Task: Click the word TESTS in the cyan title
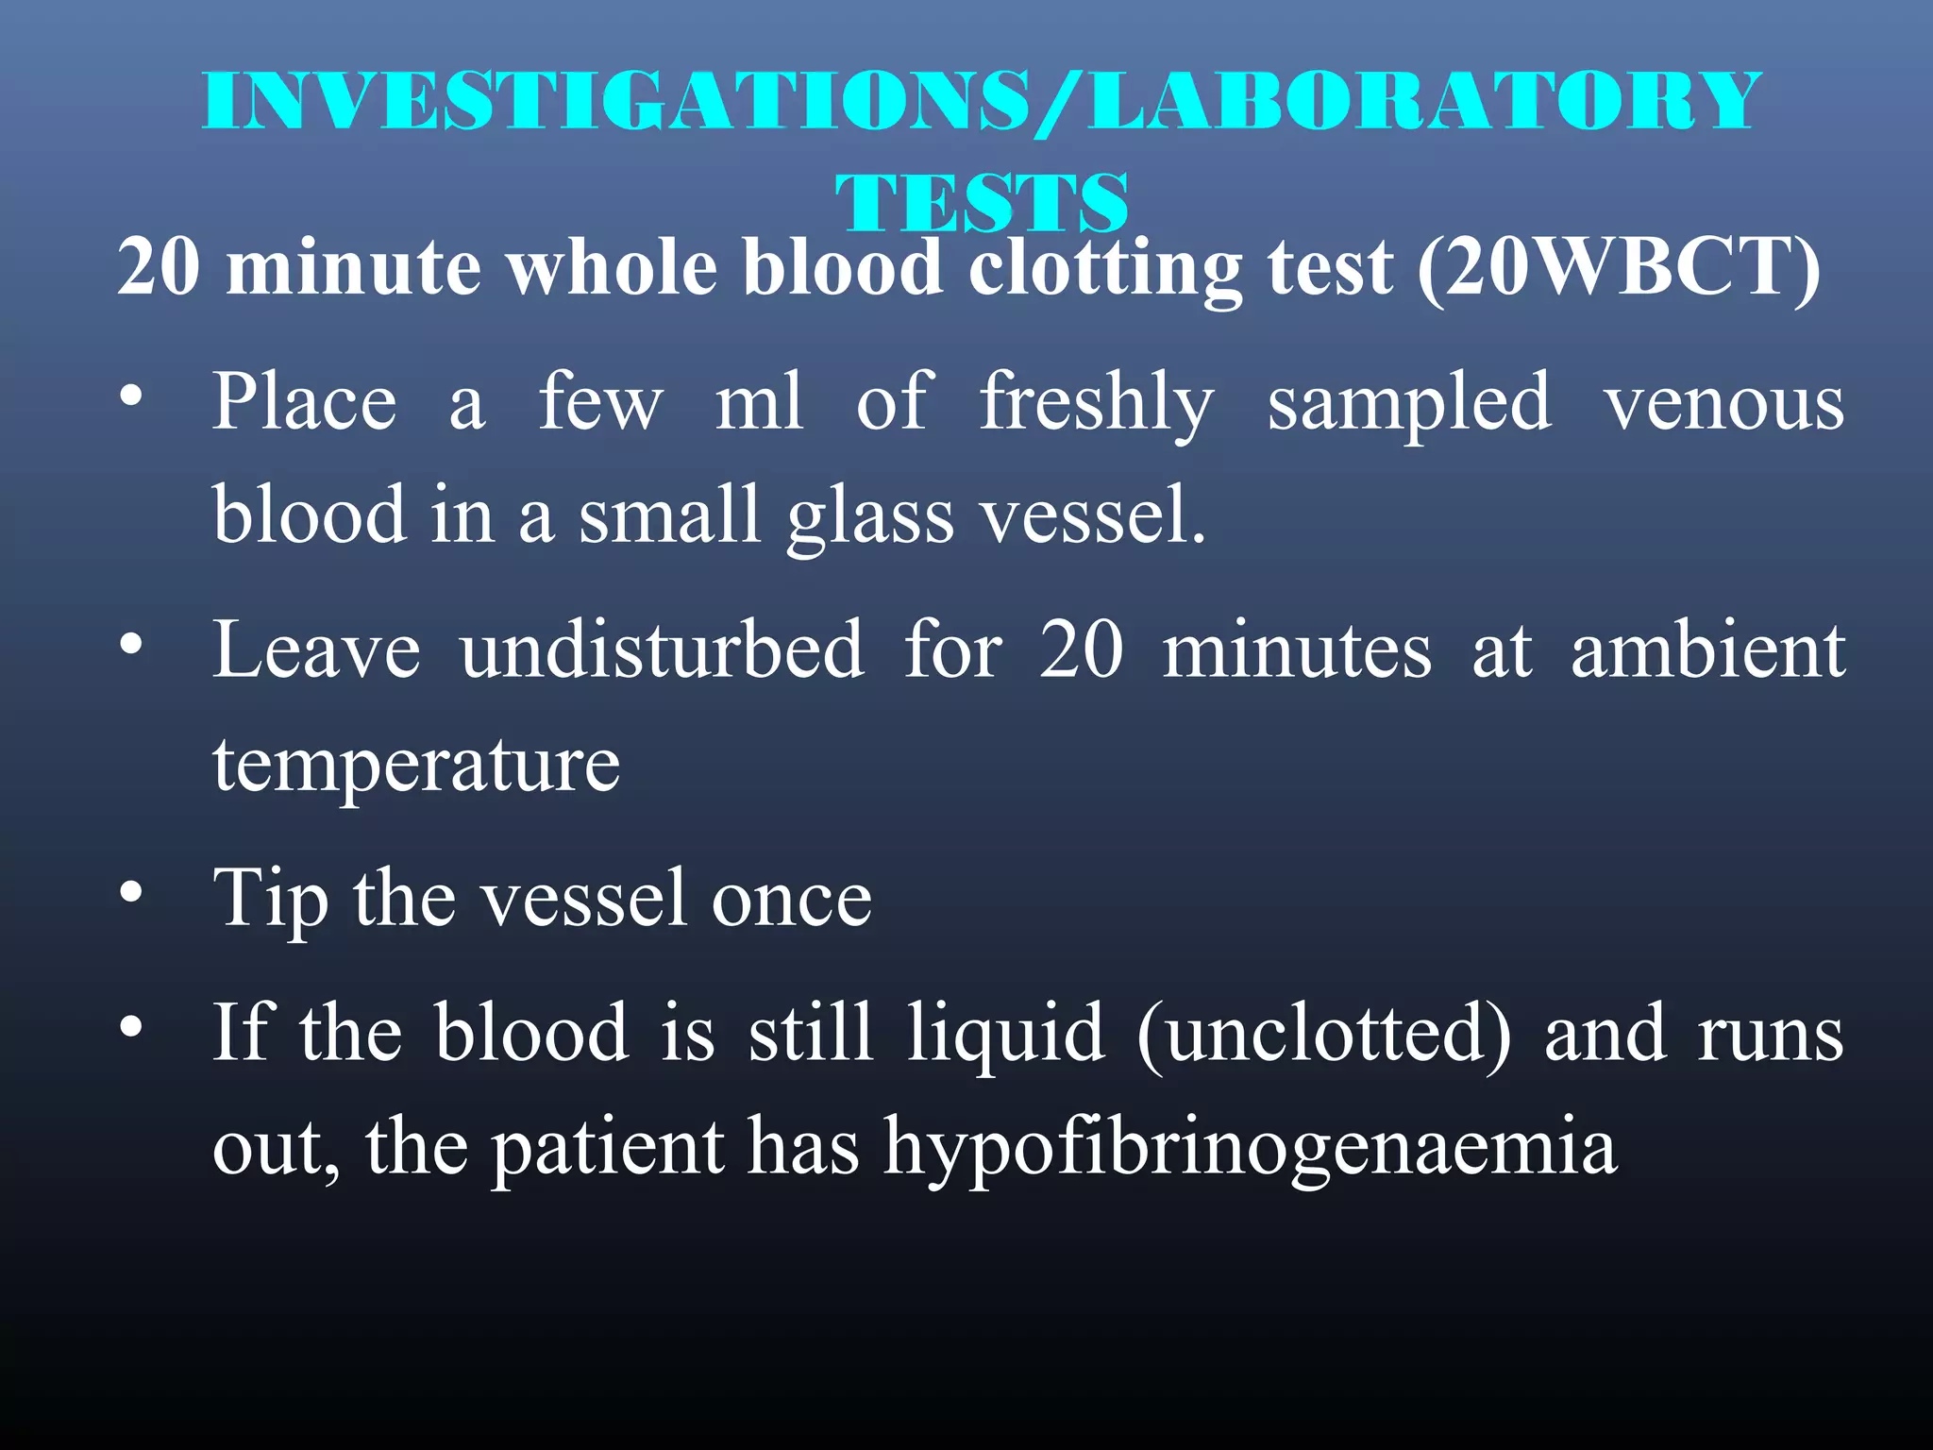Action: tap(982, 202)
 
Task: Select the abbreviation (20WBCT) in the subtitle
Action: tap(1620, 267)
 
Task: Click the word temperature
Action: tap(416, 765)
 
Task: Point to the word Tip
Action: tap(271, 899)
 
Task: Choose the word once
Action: tap(791, 899)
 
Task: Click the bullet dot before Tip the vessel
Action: tap(131, 892)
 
